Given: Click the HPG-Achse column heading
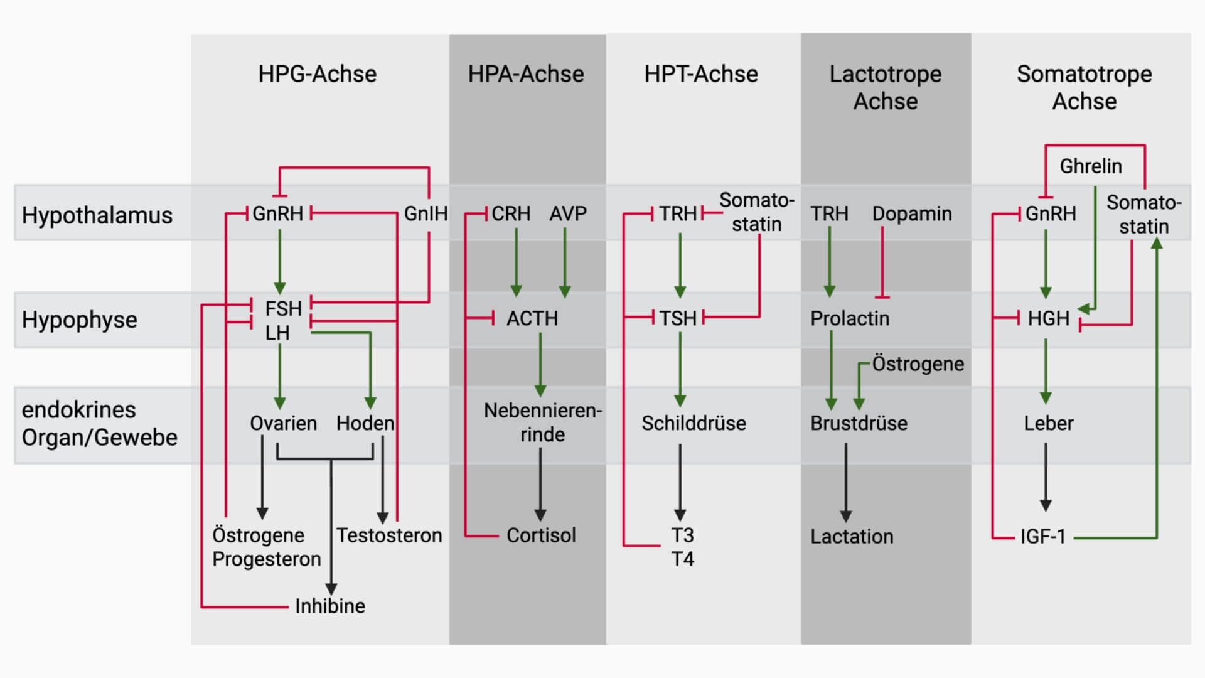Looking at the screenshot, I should click(317, 74).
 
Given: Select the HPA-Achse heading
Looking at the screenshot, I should click(526, 74).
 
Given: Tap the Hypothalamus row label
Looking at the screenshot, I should click(97, 215).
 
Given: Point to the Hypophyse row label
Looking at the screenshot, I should click(79, 320).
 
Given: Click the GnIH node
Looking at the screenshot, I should click(426, 214).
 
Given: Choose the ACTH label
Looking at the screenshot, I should click(532, 319).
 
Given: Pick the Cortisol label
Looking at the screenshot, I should click(541, 535).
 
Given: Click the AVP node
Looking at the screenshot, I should click(568, 214).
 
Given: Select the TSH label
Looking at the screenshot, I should click(678, 319).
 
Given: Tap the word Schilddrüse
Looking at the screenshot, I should click(694, 423).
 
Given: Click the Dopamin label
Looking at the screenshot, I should click(911, 214).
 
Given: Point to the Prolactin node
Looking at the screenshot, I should click(850, 319).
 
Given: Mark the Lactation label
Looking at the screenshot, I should click(852, 537).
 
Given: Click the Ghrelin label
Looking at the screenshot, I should click(1091, 166).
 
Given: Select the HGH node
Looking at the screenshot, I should click(1048, 319).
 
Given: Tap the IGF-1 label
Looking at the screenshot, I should click(1042, 537).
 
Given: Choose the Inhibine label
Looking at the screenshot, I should click(330, 606).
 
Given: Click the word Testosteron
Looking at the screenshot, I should click(389, 535).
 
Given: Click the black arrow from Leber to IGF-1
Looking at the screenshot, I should click(1046, 477).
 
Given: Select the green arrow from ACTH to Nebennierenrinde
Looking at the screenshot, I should click(540, 364).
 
